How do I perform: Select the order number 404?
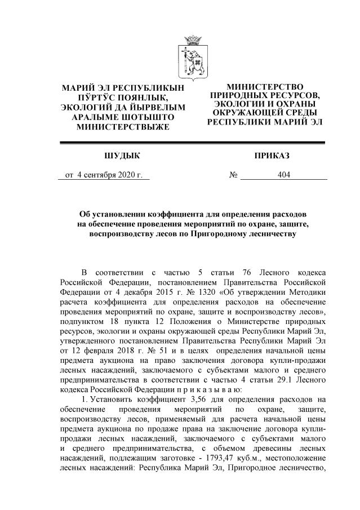(284, 175)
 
